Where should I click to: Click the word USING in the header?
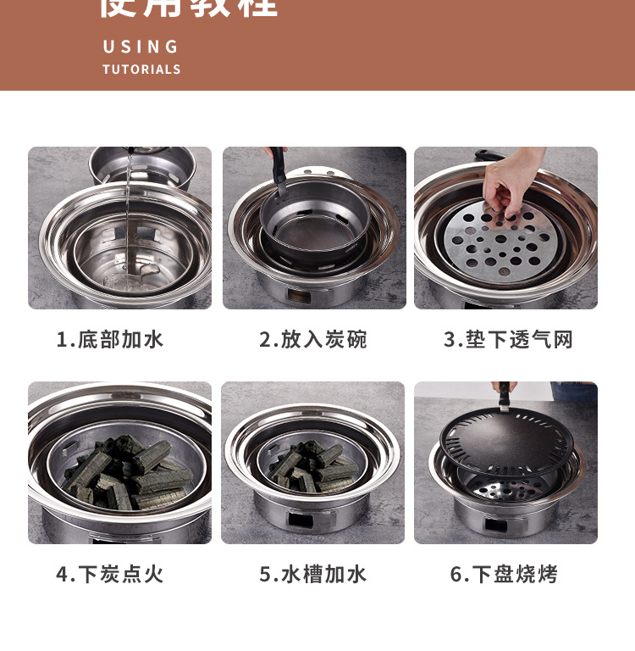point(141,47)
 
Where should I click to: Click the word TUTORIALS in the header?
point(141,70)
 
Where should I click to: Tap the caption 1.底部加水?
point(110,340)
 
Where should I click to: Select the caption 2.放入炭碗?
point(313,340)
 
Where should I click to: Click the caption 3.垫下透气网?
point(508,340)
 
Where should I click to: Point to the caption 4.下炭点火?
point(110,574)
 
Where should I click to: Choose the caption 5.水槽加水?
point(313,574)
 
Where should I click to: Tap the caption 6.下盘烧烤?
point(504,574)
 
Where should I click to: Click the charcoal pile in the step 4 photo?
point(127,470)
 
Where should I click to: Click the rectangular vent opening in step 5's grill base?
point(301,518)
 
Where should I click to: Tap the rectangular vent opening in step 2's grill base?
point(300,296)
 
